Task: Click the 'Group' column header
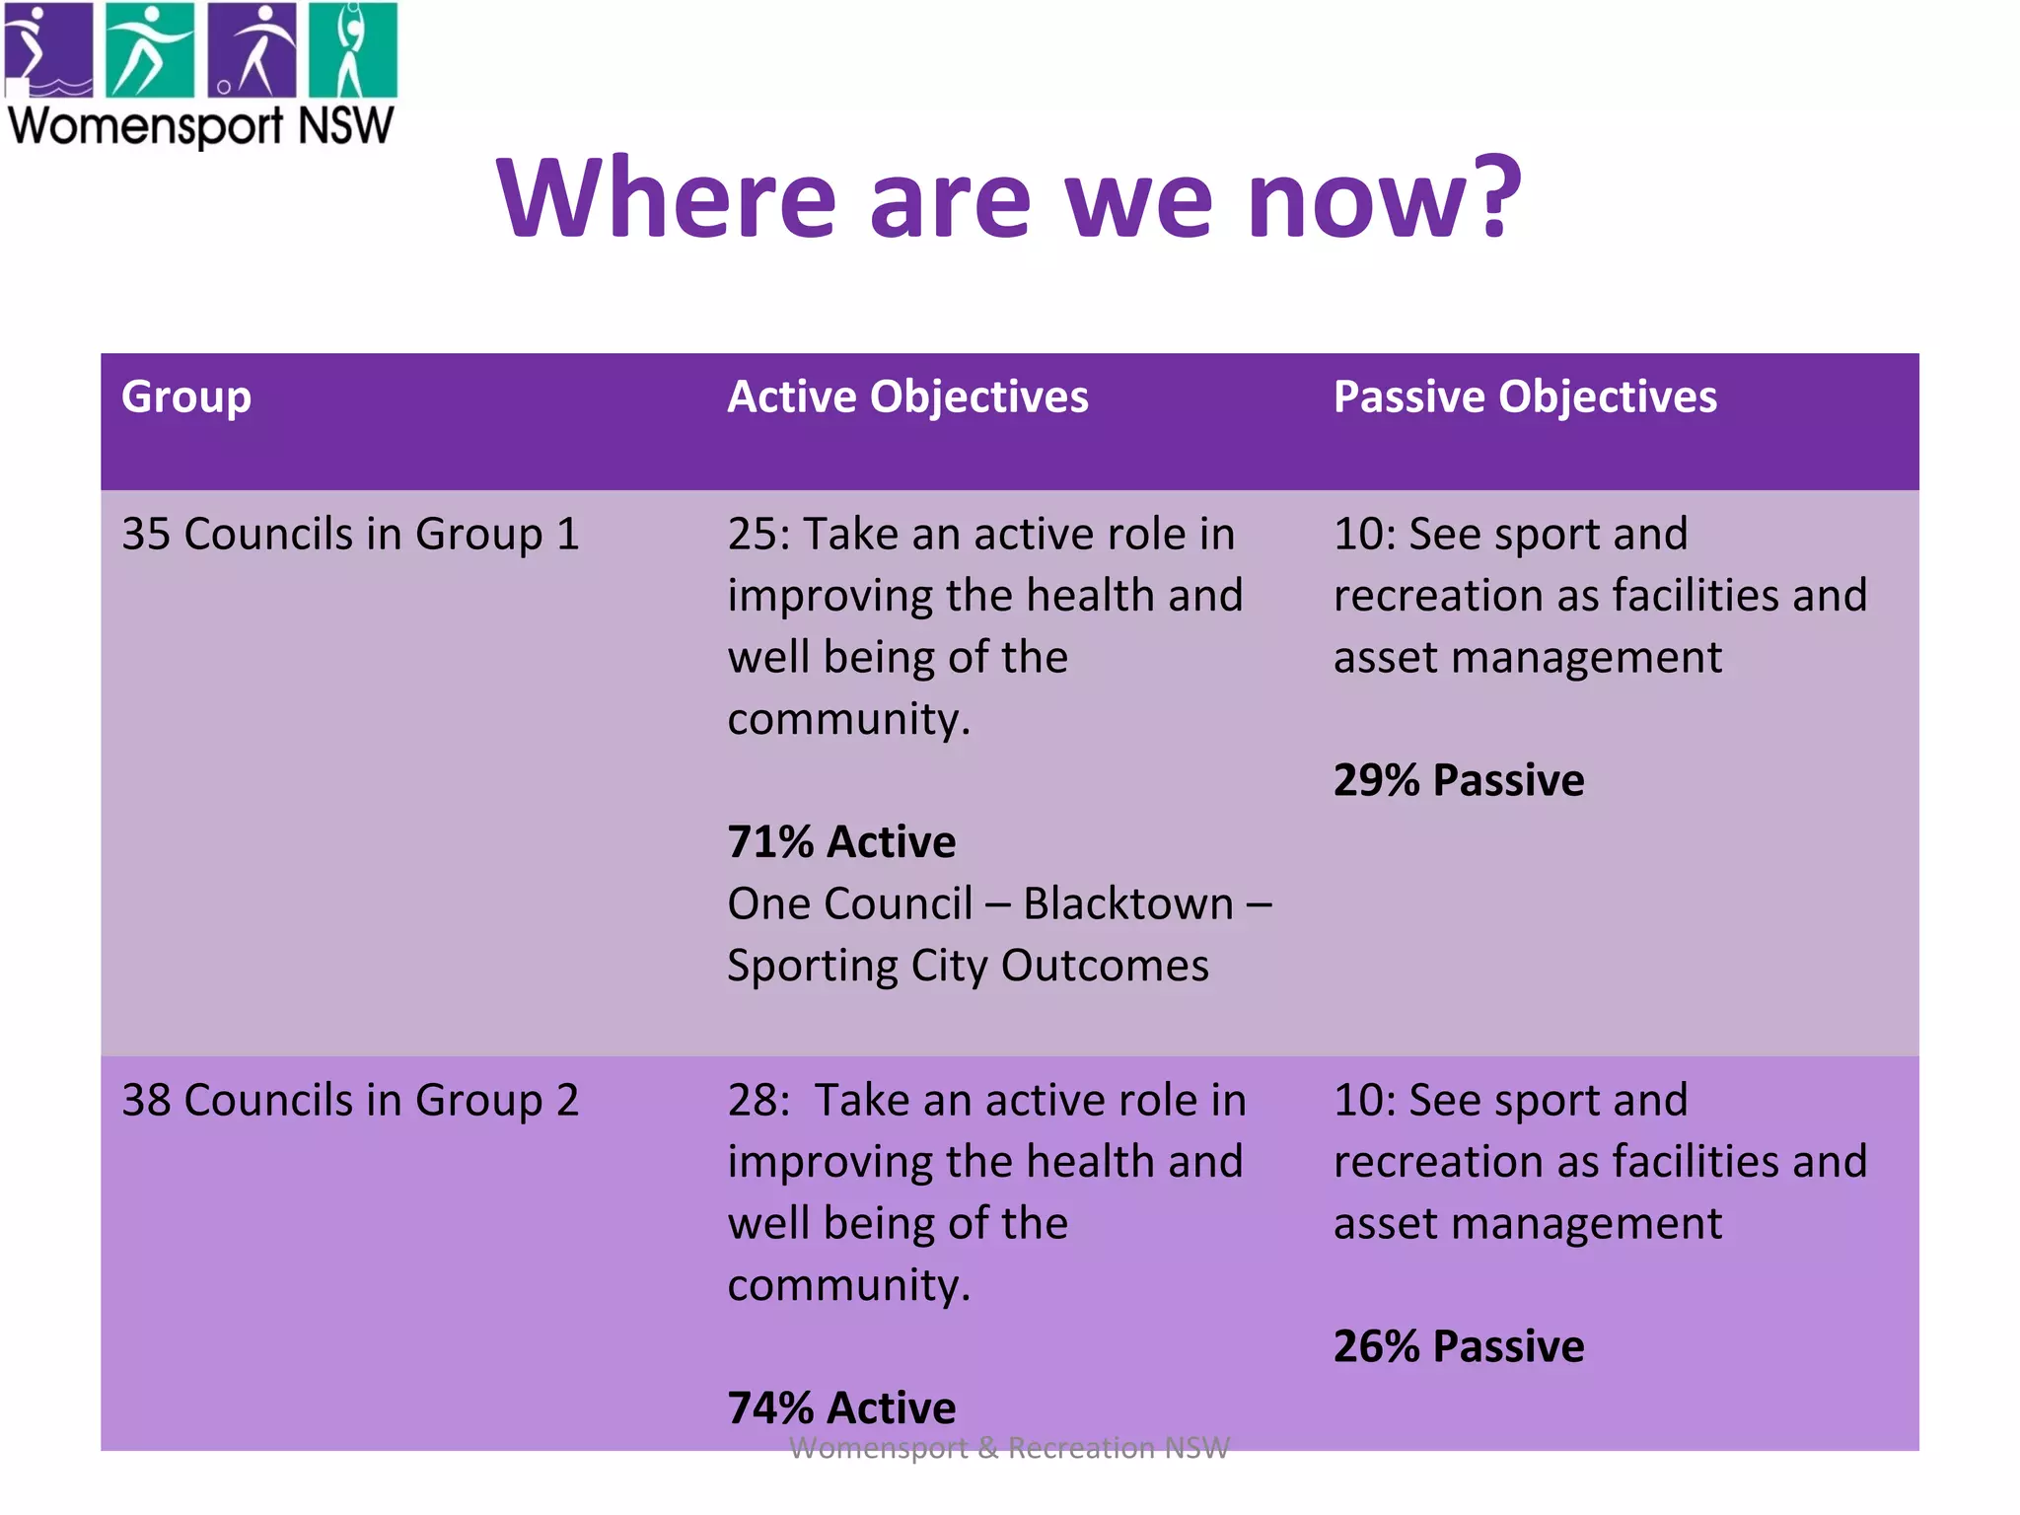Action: point(186,397)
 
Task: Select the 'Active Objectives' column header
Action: point(907,397)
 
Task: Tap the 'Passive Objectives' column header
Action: point(1525,397)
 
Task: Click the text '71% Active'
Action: point(841,842)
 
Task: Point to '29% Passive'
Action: point(1459,780)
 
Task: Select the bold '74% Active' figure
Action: point(841,1407)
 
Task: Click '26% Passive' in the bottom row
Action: point(1459,1346)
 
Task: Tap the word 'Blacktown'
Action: point(1128,903)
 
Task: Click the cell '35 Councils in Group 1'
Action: point(350,535)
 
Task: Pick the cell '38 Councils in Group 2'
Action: point(350,1101)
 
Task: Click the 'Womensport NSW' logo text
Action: point(201,126)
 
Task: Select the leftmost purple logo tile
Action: point(49,49)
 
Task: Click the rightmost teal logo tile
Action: point(352,49)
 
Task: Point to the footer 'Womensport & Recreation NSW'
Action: point(1009,1448)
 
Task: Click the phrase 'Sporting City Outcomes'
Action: point(968,966)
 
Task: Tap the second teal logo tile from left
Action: point(150,49)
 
